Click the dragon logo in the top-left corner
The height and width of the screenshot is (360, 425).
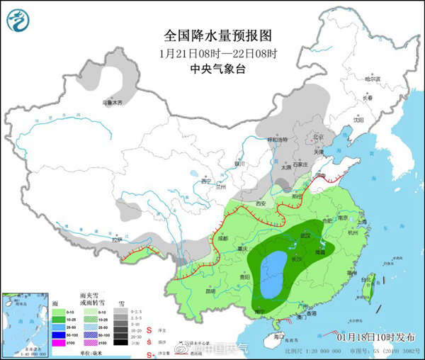(x=19, y=19)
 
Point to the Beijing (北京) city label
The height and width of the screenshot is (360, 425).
(x=318, y=137)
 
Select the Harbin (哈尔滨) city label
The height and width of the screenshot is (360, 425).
(x=373, y=79)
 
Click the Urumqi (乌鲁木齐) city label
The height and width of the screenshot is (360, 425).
(x=112, y=103)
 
